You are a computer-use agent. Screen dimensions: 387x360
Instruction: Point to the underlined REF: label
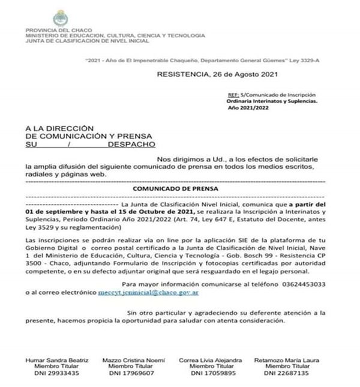tap(233, 95)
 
